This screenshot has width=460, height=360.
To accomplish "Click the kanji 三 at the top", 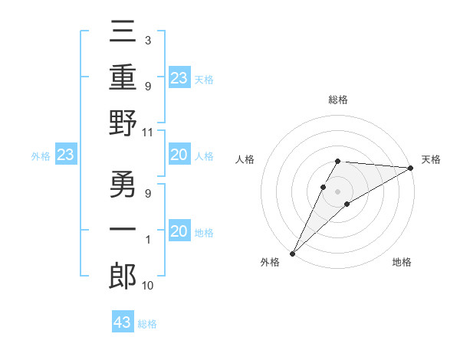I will click(x=123, y=34).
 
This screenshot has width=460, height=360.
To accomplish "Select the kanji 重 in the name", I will click(x=123, y=78).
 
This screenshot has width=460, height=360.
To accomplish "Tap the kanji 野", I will click(x=123, y=122).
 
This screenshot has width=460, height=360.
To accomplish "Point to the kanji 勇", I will click(x=123, y=186).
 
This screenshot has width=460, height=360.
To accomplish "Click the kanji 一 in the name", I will click(x=123, y=230).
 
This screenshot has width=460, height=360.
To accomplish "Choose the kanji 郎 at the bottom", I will click(x=123, y=274).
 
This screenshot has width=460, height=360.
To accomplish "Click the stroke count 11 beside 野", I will click(x=148, y=133).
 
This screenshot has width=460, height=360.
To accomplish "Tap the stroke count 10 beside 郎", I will click(x=148, y=286).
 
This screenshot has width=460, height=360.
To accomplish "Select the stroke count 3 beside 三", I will click(x=147, y=39).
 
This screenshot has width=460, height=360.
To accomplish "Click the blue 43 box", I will click(x=123, y=322).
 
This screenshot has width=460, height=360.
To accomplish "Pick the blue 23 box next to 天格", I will click(x=179, y=78).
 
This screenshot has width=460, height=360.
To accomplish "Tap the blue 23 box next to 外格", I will click(x=66, y=155).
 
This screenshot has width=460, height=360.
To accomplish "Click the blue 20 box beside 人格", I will click(x=179, y=155).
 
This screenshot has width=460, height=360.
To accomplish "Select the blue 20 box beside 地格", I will click(x=179, y=231).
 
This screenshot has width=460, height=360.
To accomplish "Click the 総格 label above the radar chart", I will click(x=337, y=100).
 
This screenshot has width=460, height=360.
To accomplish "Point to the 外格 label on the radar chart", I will click(x=270, y=262).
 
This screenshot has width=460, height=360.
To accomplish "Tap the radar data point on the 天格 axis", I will click(x=410, y=168).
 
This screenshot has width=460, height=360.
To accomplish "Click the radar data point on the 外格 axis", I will click(x=292, y=254).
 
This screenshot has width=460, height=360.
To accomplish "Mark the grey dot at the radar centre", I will click(x=337, y=191).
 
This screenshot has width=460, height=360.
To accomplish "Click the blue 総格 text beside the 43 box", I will click(x=147, y=324).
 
